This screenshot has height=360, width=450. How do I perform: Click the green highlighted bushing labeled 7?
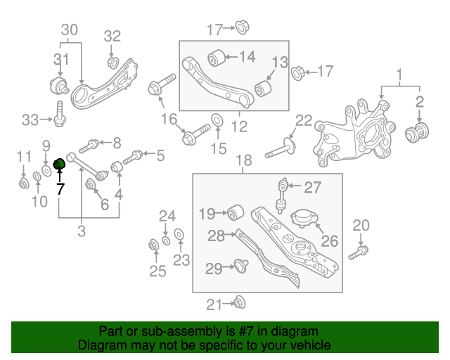coord(60,165)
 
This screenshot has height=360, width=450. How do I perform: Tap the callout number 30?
coord(70,30)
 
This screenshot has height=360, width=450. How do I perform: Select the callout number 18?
coord(243,161)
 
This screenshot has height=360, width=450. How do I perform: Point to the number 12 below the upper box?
coord(240,127)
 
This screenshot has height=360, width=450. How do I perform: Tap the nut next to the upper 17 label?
coord(242,28)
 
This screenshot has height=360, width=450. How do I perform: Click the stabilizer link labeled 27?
coord(283,194)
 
